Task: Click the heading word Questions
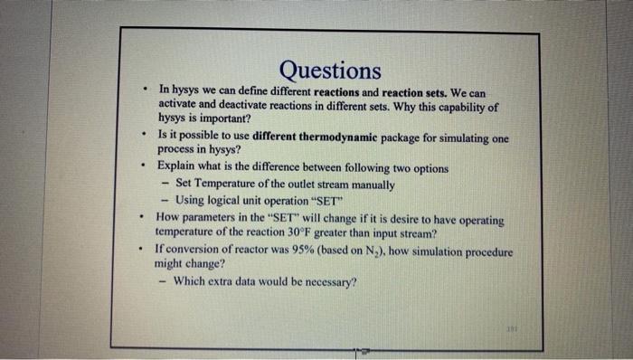330,70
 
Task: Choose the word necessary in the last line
326,280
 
